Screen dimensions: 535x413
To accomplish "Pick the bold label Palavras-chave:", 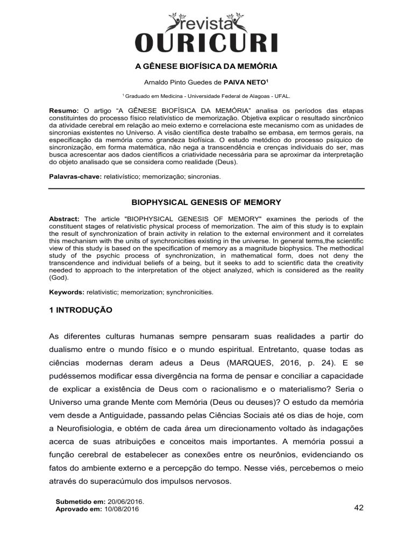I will tap(76, 175).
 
